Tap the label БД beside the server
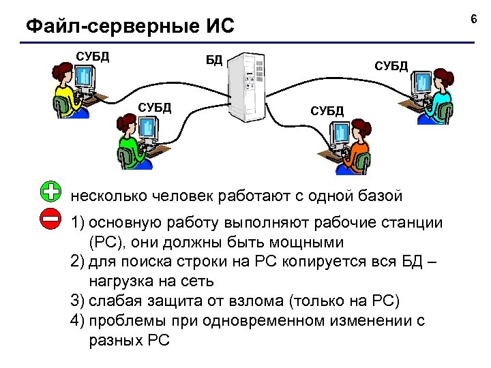[214, 60]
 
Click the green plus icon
[50, 192]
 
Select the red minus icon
[50, 219]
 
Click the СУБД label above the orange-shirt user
[327, 110]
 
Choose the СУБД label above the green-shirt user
[155, 107]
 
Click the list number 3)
[78, 301]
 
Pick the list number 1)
[78, 222]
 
